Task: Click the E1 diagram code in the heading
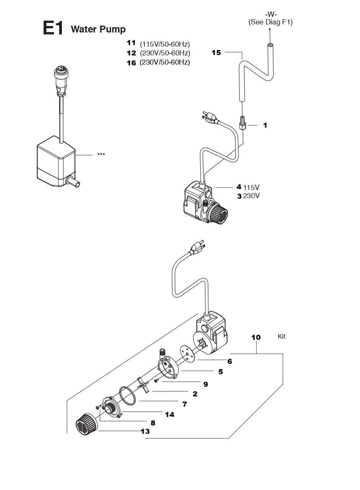[53, 29]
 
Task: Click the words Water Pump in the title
[98, 29]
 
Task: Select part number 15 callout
[216, 53]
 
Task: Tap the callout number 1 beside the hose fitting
[265, 125]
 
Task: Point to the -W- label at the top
[271, 15]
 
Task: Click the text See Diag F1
[271, 22]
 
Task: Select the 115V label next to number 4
[251, 187]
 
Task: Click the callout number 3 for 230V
[239, 196]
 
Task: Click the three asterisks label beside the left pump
[101, 154]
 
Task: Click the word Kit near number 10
[281, 337]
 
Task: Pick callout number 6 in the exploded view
[230, 361]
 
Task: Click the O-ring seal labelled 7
[128, 396]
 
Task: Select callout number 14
[169, 414]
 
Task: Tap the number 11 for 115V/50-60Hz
[131, 42]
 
